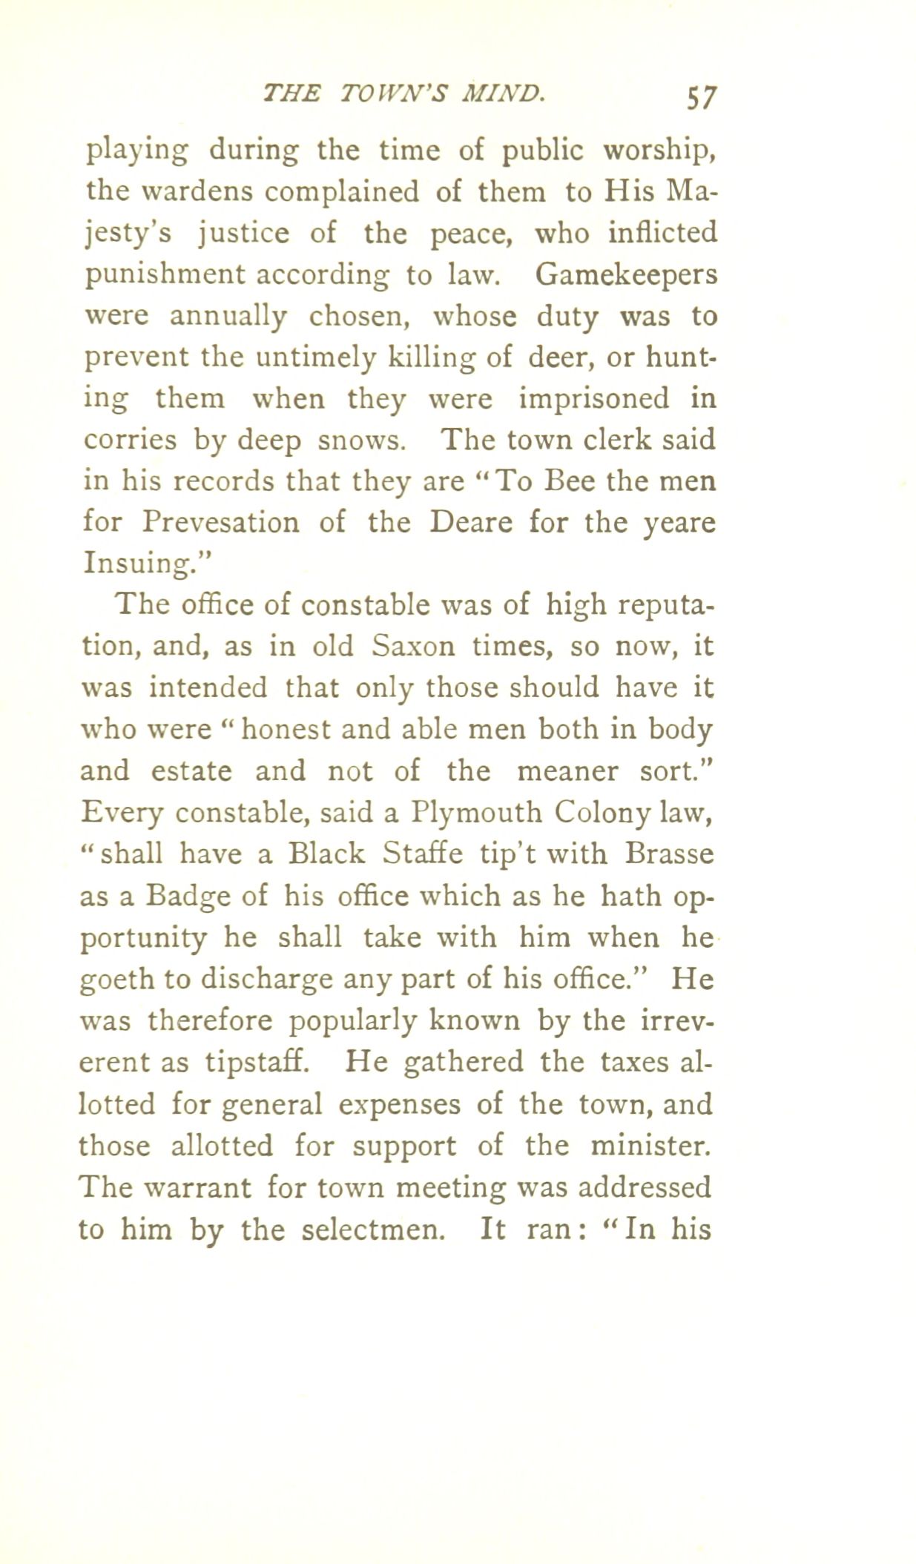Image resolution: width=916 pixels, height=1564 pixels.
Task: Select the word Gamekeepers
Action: [x=625, y=275]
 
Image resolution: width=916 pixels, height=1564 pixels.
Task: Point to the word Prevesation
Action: [x=221, y=523]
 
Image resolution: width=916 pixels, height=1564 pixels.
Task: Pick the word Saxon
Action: [x=413, y=646]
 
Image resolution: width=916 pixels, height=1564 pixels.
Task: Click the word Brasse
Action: [x=668, y=854]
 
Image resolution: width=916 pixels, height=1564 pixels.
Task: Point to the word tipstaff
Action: [x=256, y=1063]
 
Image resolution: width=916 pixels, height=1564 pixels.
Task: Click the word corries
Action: [x=129, y=441]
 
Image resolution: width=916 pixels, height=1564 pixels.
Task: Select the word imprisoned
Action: [x=593, y=399]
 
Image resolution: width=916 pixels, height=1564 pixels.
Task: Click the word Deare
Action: [x=470, y=523]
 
